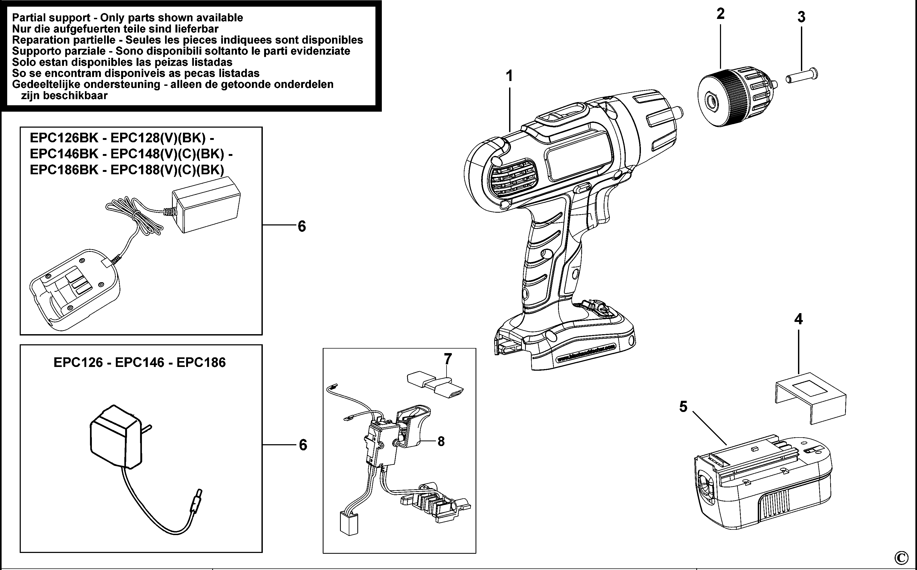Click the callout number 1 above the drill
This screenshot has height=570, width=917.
click(x=509, y=76)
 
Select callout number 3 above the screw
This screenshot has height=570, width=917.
click(x=801, y=17)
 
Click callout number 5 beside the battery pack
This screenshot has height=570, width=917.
click(x=683, y=407)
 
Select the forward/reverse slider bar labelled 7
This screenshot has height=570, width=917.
click(x=435, y=385)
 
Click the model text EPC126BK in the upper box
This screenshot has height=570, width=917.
click(x=64, y=138)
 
